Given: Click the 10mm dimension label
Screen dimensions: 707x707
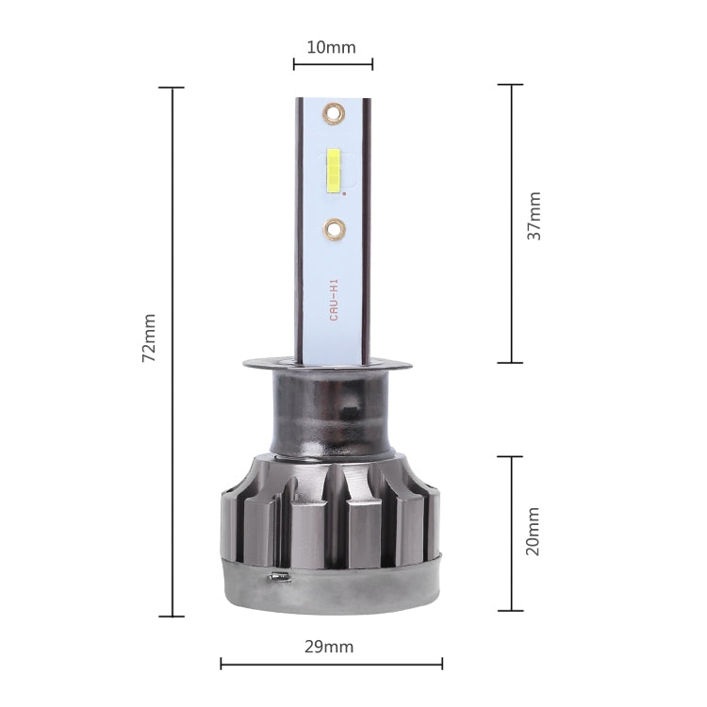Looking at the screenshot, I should (333, 46).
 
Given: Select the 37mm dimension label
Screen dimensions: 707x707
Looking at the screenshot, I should (534, 216).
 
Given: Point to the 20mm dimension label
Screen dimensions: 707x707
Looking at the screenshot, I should (534, 533).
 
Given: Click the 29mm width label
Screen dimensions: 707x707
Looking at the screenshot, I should (331, 647).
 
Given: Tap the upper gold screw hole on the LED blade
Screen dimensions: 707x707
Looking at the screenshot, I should (333, 115).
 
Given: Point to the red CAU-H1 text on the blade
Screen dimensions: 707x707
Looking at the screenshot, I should (334, 300).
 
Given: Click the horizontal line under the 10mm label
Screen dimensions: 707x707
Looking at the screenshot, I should (333, 64).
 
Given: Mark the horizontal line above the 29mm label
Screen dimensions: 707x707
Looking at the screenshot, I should (331, 664).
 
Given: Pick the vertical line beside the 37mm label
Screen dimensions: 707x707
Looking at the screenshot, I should (510, 223).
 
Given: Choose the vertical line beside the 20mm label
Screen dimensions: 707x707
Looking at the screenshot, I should (510, 534).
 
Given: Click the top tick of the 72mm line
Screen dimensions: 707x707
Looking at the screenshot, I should (172, 88).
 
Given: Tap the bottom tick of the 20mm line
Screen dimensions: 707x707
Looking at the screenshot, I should (510, 610).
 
